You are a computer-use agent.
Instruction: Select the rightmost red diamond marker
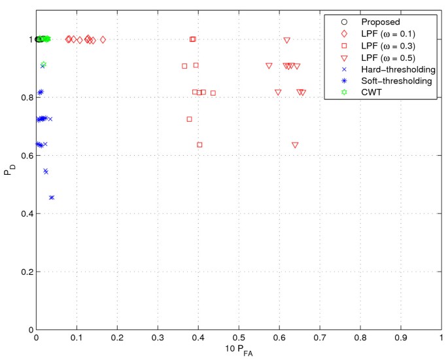(x=103, y=39)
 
